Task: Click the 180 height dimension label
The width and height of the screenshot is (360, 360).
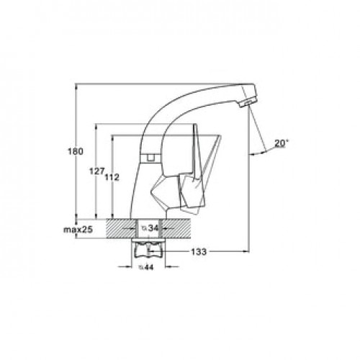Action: (x=76, y=151)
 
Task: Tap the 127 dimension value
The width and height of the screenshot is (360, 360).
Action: (x=96, y=171)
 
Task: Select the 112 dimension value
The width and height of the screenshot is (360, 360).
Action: (x=112, y=178)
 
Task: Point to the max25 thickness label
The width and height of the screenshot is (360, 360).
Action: (x=78, y=230)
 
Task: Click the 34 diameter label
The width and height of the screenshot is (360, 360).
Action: (x=150, y=228)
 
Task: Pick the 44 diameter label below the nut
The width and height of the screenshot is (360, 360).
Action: (x=146, y=267)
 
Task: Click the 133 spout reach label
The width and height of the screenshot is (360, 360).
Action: (x=199, y=252)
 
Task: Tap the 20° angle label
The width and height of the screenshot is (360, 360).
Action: (x=282, y=143)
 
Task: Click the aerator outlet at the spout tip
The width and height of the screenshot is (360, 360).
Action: (x=246, y=104)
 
